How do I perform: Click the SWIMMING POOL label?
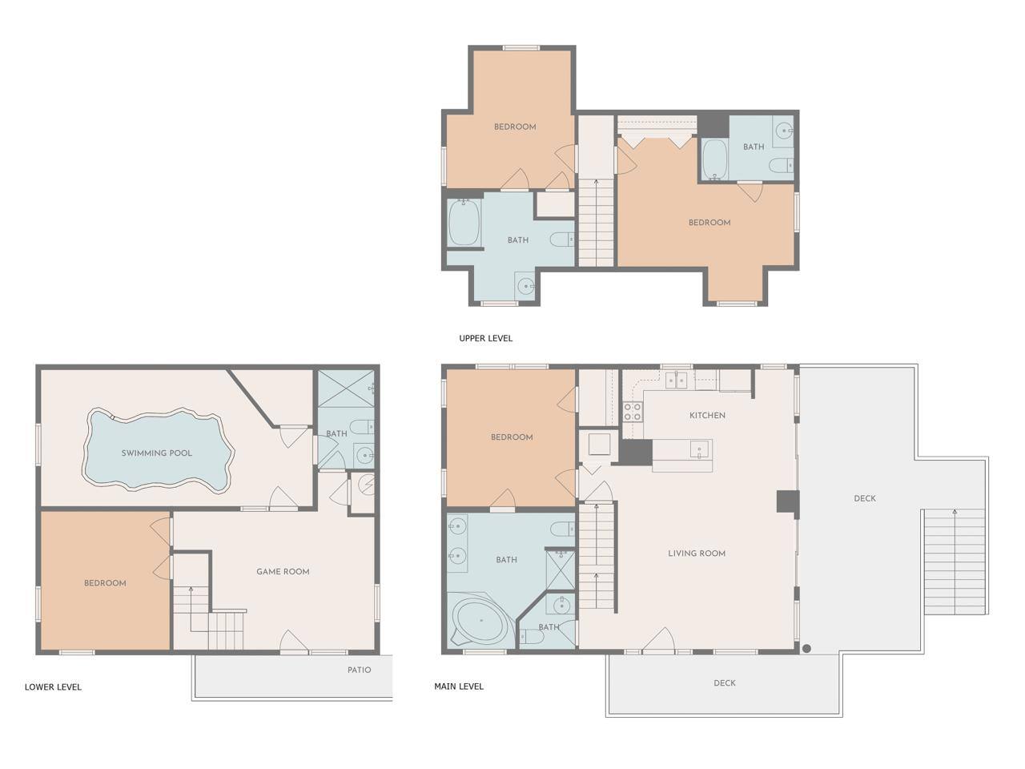click(x=156, y=453)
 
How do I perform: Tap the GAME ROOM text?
click(x=283, y=571)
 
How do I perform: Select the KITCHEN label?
click(x=707, y=415)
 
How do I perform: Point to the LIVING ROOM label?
click(x=697, y=554)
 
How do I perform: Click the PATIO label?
click(x=359, y=670)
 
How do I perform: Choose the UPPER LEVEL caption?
click(x=485, y=338)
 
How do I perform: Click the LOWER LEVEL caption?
click(x=53, y=686)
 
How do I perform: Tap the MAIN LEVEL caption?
click(x=459, y=686)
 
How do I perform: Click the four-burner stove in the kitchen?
click(x=633, y=412)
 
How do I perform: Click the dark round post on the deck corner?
click(x=806, y=649)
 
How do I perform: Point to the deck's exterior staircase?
click(x=955, y=562)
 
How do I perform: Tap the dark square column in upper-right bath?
click(x=713, y=126)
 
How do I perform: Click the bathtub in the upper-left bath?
click(x=464, y=223)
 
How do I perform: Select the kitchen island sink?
click(x=699, y=450)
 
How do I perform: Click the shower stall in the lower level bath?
click(x=346, y=389)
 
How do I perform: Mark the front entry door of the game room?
click(x=294, y=641)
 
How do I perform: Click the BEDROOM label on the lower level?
click(x=105, y=583)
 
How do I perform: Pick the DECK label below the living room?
click(x=725, y=683)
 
